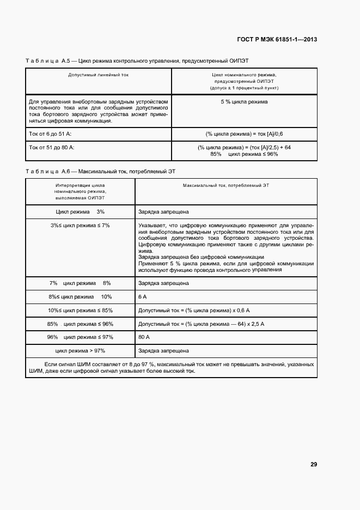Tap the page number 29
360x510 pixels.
click(x=314, y=464)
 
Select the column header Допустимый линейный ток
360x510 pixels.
click(x=99, y=75)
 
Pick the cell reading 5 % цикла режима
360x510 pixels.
click(x=244, y=102)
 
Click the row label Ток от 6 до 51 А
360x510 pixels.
click(x=51, y=133)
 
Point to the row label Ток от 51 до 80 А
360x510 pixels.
click(x=52, y=147)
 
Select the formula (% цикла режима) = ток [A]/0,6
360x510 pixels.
click(x=244, y=133)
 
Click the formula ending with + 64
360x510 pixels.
click(x=244, y=147)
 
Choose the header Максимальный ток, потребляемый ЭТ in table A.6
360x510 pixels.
click(x=225, y=186)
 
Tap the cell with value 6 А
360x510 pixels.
click(x=143, y=297)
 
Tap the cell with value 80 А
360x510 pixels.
click(x=144, y=337)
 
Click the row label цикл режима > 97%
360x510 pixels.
click(x=80, y=351)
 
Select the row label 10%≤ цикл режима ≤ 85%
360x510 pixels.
click(x=80, y=311)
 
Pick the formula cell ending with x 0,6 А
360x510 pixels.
click(x=193, y=311)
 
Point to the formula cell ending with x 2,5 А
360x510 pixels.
click(x=201, y=324)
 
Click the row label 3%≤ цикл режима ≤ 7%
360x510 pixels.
click(x=80, y=226)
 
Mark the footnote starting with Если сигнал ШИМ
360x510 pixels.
click(x=171, y=368)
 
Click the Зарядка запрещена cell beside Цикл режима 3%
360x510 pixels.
click(x=163, y=211)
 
